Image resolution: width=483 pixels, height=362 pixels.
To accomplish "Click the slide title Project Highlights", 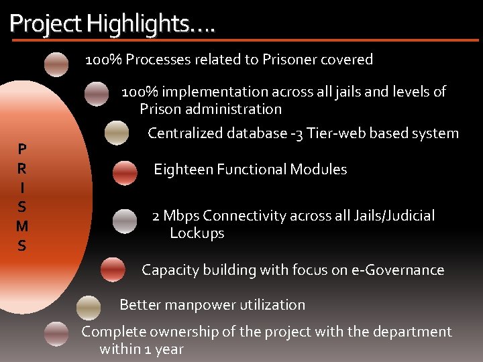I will tap(112, 24).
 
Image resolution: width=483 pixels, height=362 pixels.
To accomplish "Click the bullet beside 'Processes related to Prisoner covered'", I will tap(56, 64).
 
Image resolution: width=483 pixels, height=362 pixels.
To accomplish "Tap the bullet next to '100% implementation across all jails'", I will tap(97, 94).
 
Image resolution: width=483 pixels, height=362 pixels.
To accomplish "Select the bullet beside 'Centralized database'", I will tap(117, 133).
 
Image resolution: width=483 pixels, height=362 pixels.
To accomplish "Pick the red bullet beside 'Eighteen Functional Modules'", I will tap(125, 173).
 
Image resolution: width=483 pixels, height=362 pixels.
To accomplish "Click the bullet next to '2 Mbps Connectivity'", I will tap(125, 221).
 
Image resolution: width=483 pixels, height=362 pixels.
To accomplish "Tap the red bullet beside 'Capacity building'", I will tap(113, 269).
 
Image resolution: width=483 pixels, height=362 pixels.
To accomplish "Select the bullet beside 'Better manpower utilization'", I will tap(89, 307).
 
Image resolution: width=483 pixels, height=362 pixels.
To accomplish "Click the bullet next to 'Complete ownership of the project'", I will tap(56, 334).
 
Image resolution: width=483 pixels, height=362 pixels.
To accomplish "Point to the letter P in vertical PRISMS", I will tap(22, 149).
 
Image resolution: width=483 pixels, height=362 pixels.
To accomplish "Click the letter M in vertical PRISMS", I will tap(22, 230).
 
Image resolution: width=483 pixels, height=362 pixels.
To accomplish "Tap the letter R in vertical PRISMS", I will tap(22, 165).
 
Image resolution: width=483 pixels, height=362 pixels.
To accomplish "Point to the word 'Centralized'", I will tap(185, 133).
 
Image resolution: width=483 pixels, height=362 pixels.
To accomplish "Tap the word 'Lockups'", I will tap(197, 233).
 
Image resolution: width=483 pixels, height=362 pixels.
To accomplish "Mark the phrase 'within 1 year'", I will tap(141, 349).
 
